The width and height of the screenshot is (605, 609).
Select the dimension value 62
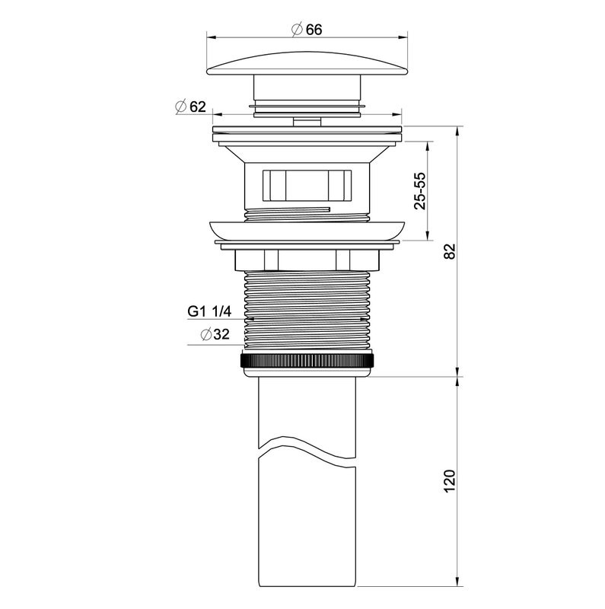click(x=198, y=107)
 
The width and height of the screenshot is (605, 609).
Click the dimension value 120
click(x=449, y=480)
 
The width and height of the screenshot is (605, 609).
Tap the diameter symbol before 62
click(x=181, y=107)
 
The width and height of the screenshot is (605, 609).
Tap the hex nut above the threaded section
click(x=307, y=260)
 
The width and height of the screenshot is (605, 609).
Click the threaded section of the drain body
click(x=307, y=312)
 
